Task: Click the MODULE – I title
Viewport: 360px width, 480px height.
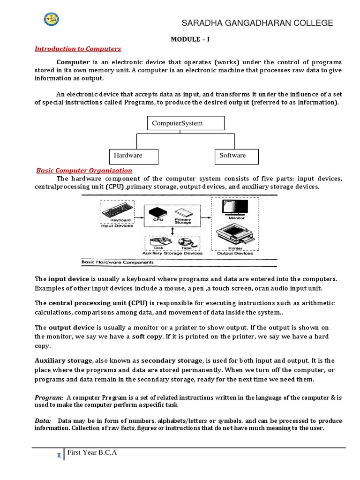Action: (189, 39)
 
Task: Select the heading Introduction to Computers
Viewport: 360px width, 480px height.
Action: (78, 49)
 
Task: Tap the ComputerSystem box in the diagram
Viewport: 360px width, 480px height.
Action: (186, 123)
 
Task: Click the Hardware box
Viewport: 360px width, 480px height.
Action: (134, 156)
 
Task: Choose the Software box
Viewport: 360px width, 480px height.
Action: (237, 156)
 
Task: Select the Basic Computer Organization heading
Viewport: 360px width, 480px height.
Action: (84, 171)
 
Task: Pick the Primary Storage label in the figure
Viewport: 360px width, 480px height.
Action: (183, 221)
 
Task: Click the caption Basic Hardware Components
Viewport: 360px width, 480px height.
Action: (112, 262)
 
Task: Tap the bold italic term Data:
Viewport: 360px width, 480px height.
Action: (42, 420)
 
